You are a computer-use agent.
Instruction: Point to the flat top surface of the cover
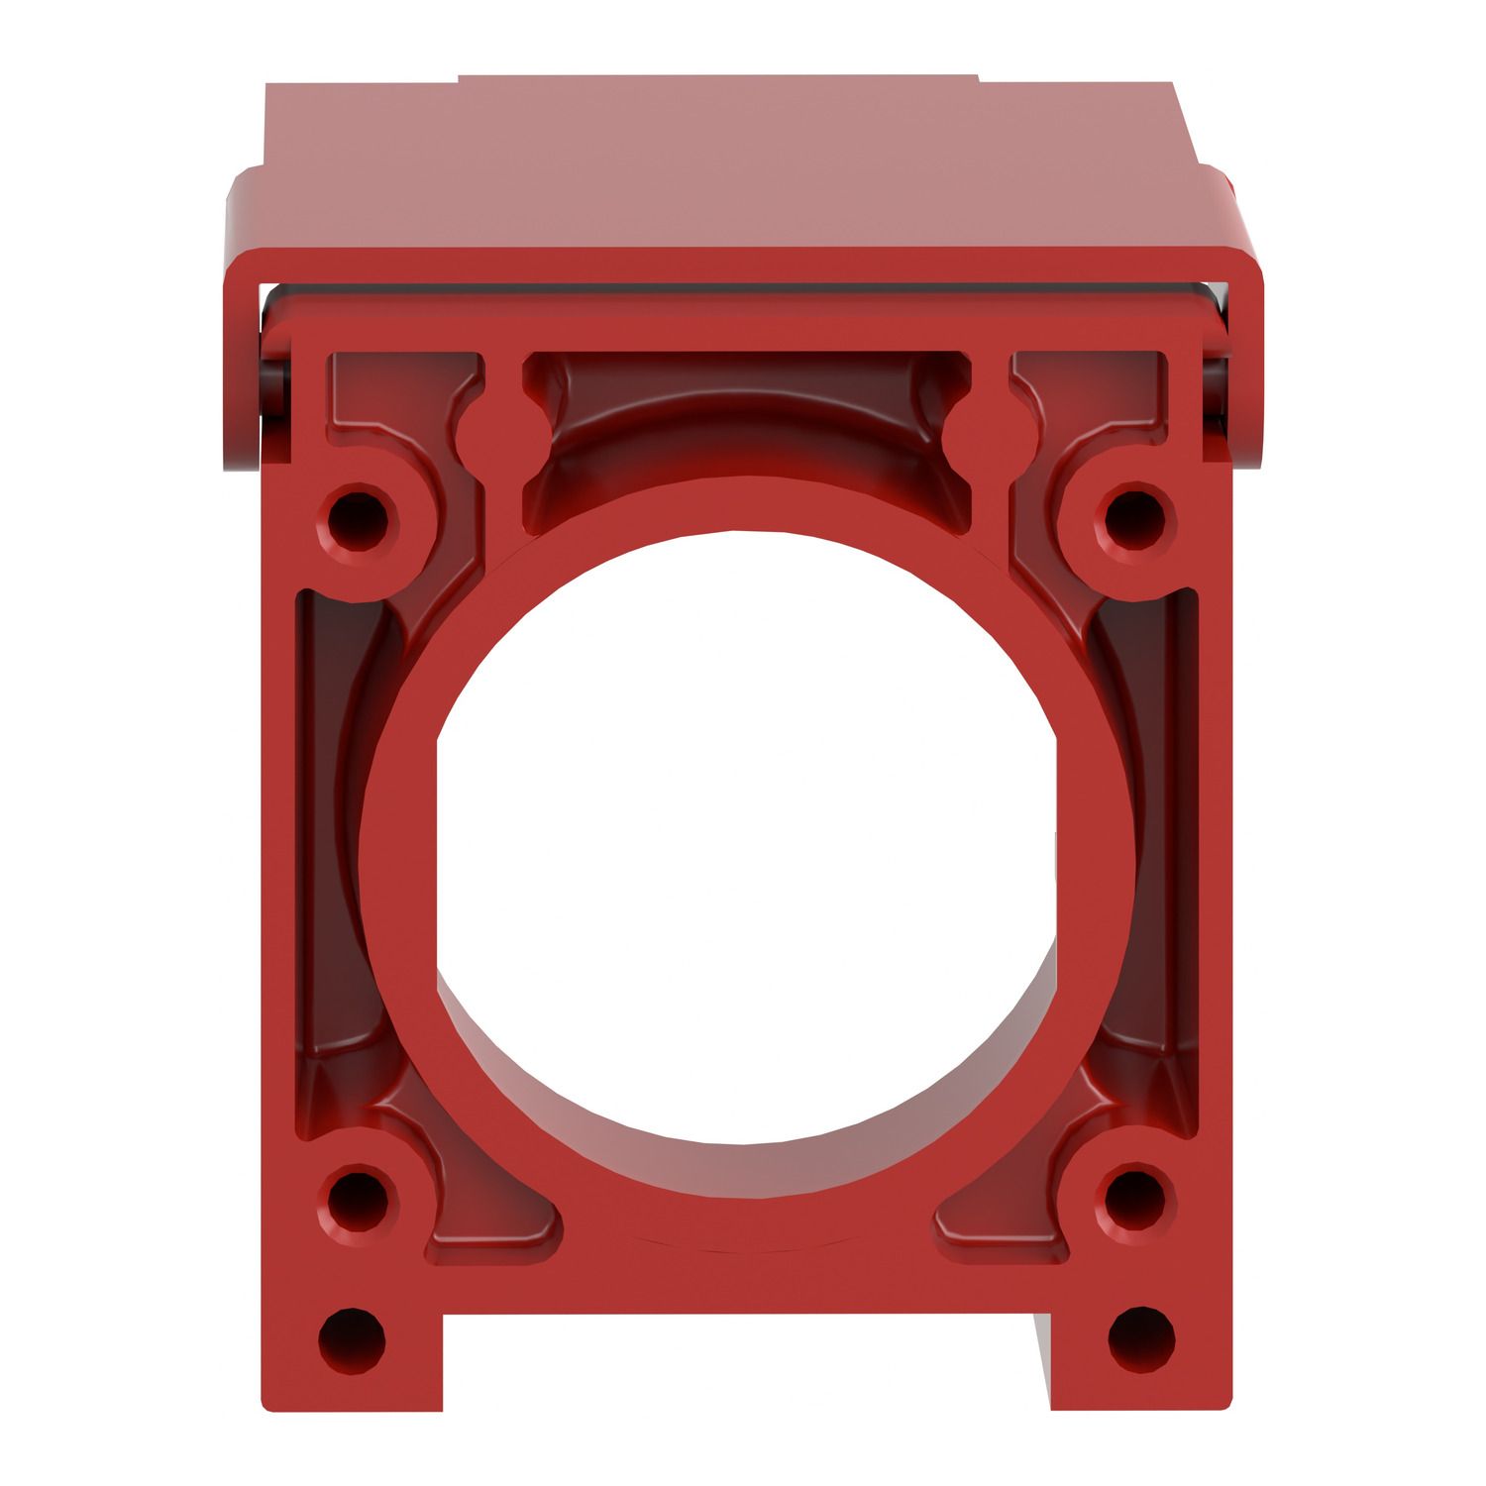coord(733,168)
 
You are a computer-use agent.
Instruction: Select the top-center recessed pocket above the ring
coord(743,416)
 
